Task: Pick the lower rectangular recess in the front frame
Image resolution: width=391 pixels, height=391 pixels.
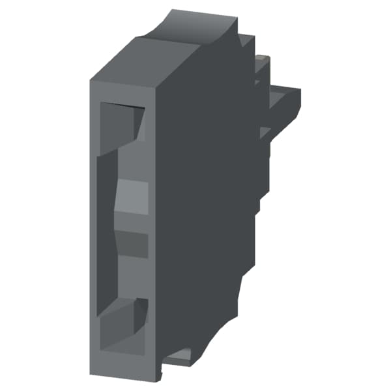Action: click(121, 326)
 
